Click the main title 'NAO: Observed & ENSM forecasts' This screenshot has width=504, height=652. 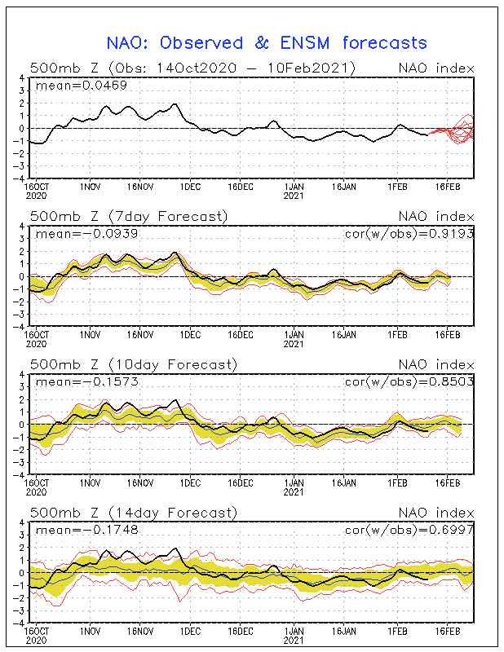[267, 42]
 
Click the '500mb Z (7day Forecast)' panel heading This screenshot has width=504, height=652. [128, 216]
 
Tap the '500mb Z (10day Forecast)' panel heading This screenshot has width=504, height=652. [132, 364]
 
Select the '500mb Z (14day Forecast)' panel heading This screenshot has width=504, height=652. [132, 513]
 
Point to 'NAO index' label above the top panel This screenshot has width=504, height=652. [435, 68]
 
